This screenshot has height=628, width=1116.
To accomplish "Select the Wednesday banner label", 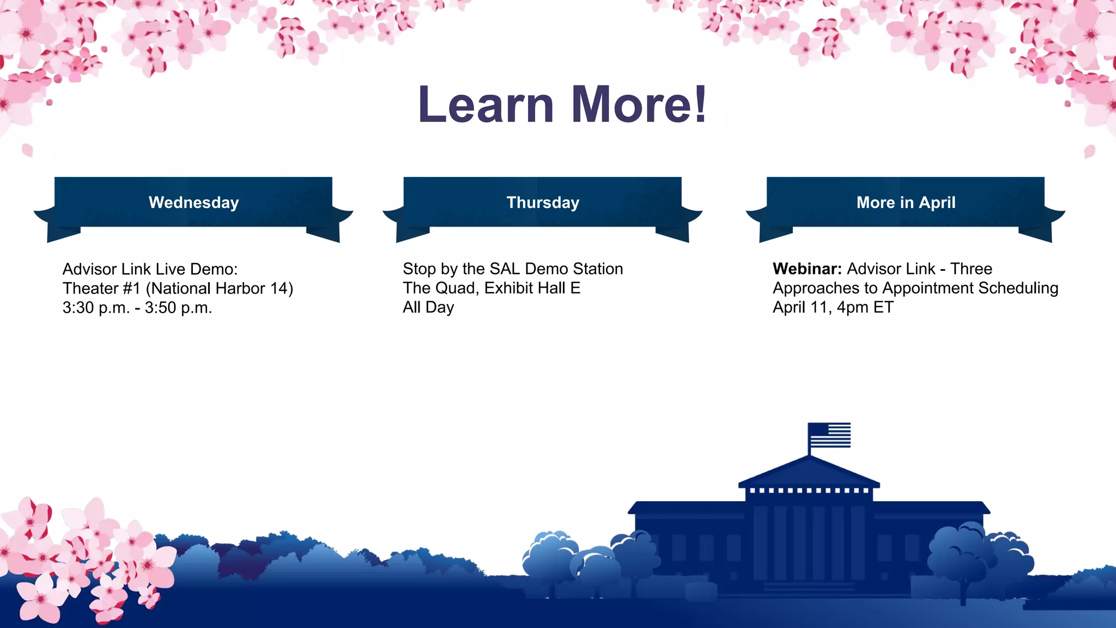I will pyautogui.click(x=193, y=203).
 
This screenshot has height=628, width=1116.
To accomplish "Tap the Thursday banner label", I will pyautogui.click(x=543, y=203).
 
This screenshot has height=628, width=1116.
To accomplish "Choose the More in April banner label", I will pyautogui.click(x=906, y=203).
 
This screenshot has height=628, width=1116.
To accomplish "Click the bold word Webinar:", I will pyautogui.click(x=807, y=269).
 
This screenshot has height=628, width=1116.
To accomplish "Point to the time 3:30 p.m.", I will pyautogui.click(x=96, y=308).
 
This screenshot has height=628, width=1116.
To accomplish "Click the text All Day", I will pyautogui.click(x=428, y=307).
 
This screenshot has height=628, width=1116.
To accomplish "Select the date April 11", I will pyautogui.click(x=800, y=307).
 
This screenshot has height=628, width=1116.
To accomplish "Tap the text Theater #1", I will pyautogui.click(x=101, y=288).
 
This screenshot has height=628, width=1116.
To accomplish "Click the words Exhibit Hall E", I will pyautogui.click(x=532, y=288).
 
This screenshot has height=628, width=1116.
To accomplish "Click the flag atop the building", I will pyautogui.click(x=829, y=435).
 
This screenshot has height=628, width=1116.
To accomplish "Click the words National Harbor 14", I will pyautogui.click(x=220, y=288).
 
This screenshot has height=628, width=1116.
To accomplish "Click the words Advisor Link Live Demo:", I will pyautogui.click(x=150, y=269).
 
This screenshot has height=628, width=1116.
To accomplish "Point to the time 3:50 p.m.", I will pyautogui.click(x=178, y=308).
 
